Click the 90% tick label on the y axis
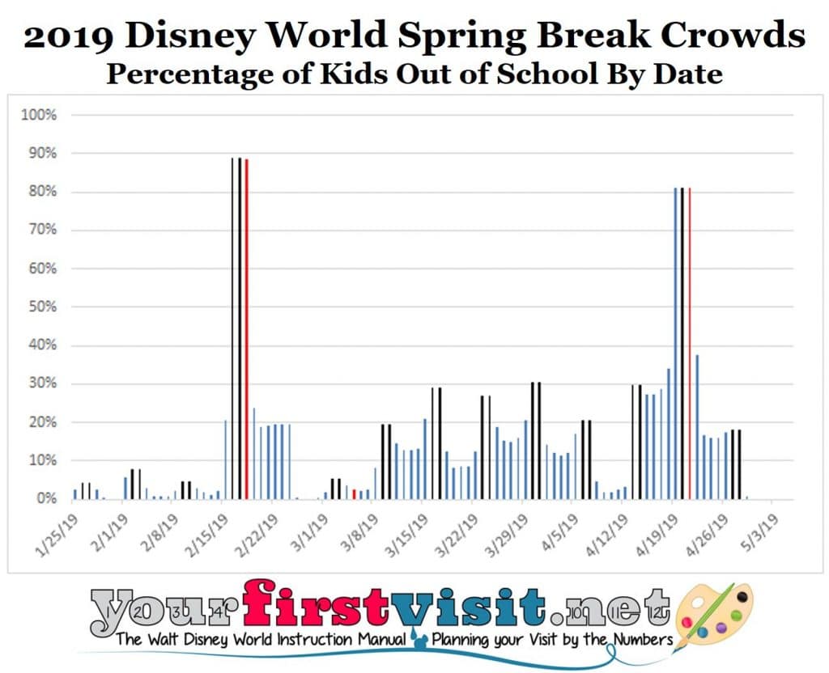[40, 153]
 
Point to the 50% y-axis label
[40, 307]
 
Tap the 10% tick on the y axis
[40, 460]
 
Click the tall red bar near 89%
[247, 328]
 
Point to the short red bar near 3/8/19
[354, 493]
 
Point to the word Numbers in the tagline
[631, 640]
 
